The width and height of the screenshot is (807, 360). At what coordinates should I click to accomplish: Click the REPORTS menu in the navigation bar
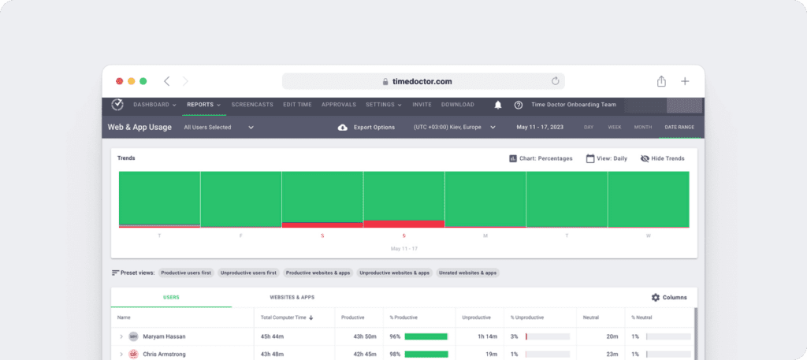point(203,105)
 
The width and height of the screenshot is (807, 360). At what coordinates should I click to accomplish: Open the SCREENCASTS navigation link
point(251,105)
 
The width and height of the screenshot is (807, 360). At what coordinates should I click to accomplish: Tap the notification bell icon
point(498,105)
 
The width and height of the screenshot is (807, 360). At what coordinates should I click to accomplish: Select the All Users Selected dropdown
point(218,127)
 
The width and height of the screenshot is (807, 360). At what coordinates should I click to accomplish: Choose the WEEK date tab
point(614,127)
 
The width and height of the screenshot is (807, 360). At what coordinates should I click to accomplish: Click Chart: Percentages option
point(541,158)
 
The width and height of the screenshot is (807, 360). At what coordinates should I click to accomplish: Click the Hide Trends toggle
point(662,158)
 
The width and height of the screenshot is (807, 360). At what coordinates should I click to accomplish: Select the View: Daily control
point(607,158)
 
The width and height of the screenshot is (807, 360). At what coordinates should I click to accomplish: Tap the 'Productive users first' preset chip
point(185,273)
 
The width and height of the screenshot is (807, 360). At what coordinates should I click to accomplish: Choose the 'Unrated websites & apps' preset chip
point(468,273)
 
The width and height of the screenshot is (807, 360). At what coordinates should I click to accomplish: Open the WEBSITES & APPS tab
point(292,298)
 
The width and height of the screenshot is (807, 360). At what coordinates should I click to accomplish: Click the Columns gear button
point(668,298)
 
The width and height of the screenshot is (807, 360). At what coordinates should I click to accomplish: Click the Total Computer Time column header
point(287,317)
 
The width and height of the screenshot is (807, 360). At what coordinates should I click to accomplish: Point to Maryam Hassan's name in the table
point(164,336)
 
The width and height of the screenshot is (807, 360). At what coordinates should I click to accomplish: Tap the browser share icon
point(661,81)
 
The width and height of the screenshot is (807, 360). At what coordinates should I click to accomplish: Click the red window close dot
point(120,81)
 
